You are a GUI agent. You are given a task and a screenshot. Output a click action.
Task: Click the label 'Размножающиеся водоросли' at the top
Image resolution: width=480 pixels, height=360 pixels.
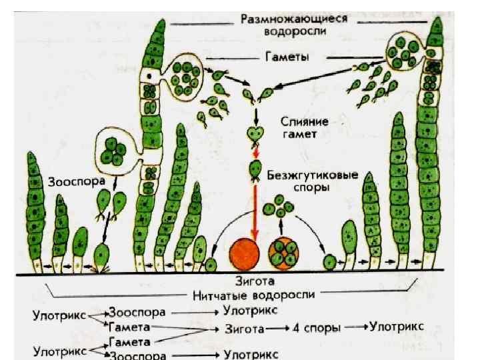tap(294, 25)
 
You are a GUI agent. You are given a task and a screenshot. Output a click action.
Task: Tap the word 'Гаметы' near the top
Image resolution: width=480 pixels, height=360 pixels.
tap(286, 58)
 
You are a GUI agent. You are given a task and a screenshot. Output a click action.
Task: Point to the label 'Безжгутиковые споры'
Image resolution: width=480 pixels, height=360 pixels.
tap(312, 182)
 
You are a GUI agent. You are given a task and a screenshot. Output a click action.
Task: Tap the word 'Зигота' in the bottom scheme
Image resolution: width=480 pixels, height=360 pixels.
tap(241, 329)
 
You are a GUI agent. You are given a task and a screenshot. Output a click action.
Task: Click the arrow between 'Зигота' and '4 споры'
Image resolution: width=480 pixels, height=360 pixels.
tap(275, 329)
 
